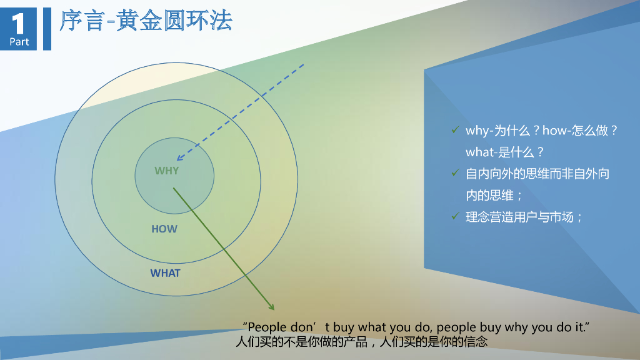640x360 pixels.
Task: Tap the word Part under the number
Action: coord(19,42)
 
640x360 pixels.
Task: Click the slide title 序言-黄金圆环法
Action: coord(146,21)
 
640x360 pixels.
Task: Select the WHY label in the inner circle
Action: coord(167,171)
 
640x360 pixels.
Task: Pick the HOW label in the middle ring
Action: coord(164,229)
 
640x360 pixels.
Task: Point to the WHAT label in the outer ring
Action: coord(165,273)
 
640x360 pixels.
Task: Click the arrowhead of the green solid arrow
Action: coord(272,307)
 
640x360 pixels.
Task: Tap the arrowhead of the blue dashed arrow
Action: coord(179,159)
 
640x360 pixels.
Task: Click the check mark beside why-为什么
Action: coord(455,130)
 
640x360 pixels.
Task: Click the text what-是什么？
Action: coord(505,152)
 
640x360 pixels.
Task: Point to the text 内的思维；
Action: coord(494,195)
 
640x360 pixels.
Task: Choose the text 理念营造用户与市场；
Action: coord(524,217)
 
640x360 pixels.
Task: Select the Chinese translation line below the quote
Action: coord(361,342)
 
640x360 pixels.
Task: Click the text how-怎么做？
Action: coord(580,131)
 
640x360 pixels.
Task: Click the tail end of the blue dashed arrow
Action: coord(304,64)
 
